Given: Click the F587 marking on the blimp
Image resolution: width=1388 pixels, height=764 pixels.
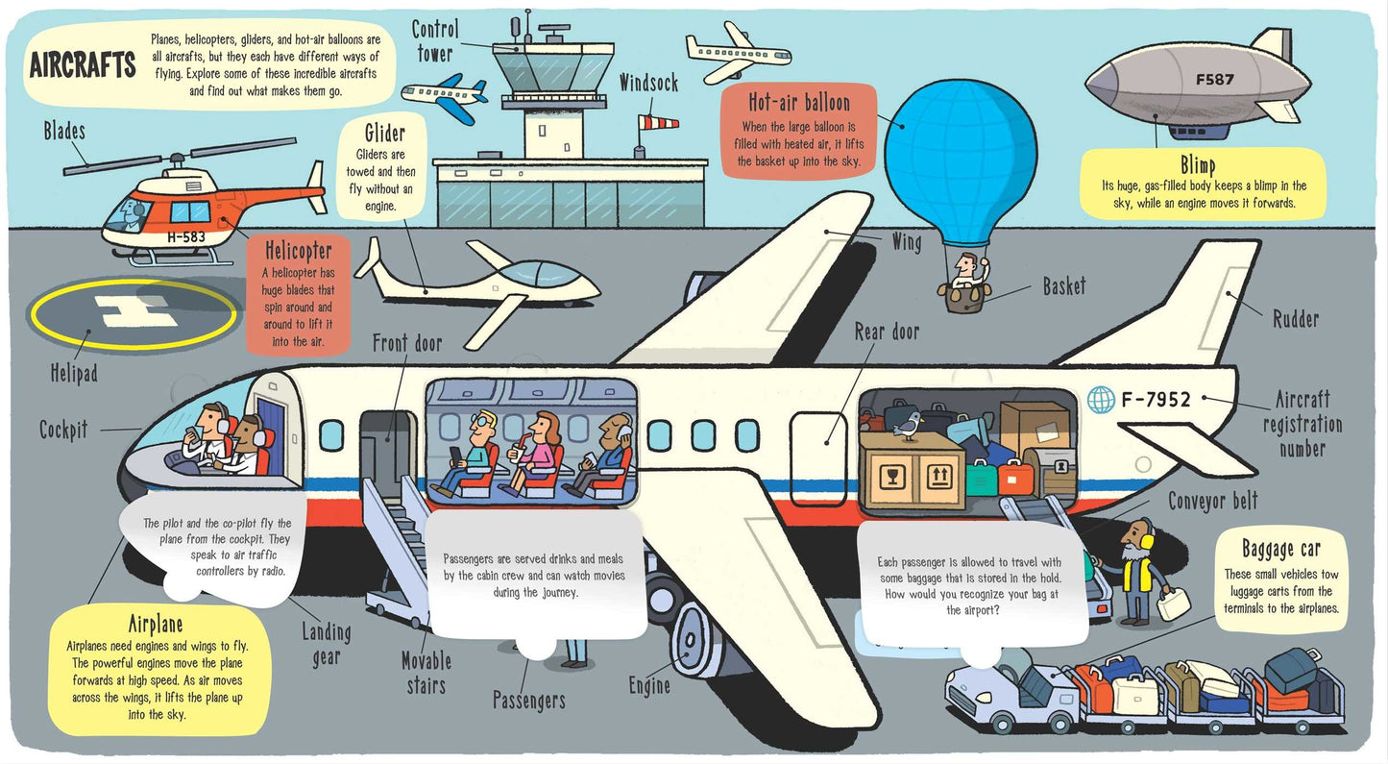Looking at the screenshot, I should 1215,80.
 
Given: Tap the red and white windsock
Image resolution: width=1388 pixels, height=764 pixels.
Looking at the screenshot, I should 662,121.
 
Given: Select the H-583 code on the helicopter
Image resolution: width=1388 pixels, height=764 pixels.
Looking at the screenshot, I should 185,236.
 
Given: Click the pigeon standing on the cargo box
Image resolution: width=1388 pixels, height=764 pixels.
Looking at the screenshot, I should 906,423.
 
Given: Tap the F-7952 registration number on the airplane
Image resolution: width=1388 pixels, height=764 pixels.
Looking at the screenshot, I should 1156,399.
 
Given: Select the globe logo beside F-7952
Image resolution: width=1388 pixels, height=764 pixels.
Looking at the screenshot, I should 1101,400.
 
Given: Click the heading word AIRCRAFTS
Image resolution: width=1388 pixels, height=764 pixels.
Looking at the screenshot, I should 83,65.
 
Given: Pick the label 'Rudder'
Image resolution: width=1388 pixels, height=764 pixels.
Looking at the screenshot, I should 1295,319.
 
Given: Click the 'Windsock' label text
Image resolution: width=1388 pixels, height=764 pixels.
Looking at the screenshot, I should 648,84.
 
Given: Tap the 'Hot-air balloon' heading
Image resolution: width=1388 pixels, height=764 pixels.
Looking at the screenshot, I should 799,102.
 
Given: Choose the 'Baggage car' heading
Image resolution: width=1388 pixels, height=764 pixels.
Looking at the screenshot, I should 1281,549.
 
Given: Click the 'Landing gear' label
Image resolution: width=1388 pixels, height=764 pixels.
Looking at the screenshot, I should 327,644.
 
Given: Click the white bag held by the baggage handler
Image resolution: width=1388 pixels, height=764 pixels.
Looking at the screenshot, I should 1173,604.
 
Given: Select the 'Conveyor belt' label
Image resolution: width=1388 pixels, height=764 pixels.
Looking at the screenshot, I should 1213,501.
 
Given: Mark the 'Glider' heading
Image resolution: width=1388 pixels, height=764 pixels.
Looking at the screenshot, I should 384,133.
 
